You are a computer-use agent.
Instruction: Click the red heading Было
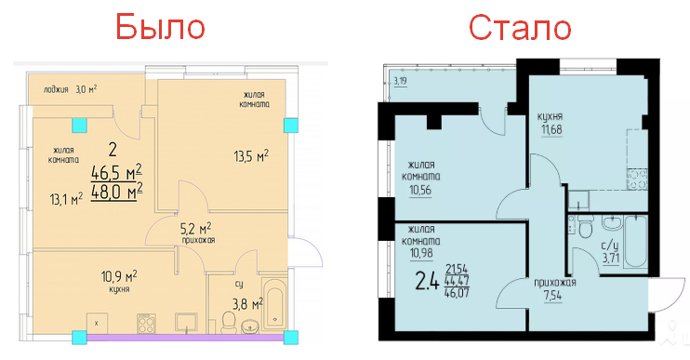tap(160, 26)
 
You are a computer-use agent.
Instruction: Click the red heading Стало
tap(520, 27)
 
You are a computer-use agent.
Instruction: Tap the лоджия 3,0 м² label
tap(70, 89)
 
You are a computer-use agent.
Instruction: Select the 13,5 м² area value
tap(251, 156)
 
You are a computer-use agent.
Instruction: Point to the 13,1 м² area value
tap(66, 199)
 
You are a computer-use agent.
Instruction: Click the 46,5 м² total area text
tap(116, 172)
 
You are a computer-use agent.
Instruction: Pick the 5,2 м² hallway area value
tap(196, 229)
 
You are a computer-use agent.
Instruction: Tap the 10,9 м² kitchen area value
tap(119, 277)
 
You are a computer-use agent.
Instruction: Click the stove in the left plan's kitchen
tap(146, 323)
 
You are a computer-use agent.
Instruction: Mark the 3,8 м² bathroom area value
tap(247, 303)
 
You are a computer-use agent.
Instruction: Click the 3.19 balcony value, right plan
tap(400, 81)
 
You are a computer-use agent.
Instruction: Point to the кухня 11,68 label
tap(550, 124)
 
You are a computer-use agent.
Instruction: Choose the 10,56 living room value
tap(420, 190)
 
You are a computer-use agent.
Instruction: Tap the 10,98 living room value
tap(421, 253)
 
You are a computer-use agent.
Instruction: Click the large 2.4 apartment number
tap(427, 281)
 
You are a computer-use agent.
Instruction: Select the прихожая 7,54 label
tap(555, 289)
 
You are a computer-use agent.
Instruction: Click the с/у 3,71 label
tap(610, 252)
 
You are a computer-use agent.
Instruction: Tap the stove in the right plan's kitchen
tap(637, 180)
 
